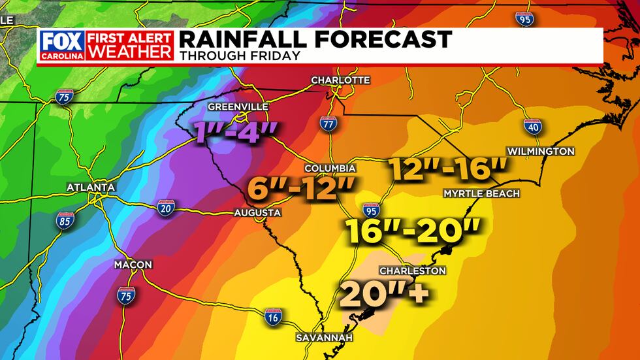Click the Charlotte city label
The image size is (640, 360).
click(340, 80)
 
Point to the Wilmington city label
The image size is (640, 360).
click(541, 151)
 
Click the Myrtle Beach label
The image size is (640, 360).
click(481, 193)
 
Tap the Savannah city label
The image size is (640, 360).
click(324, 338)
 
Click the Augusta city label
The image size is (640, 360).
click(258, 213)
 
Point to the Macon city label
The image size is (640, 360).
click(133, 265)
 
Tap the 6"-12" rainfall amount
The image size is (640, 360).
click(301, 190)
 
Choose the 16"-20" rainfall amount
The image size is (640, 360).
click(413, 230)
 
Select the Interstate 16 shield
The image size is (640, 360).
click(274, 318)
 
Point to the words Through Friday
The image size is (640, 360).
click(240, 56)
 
